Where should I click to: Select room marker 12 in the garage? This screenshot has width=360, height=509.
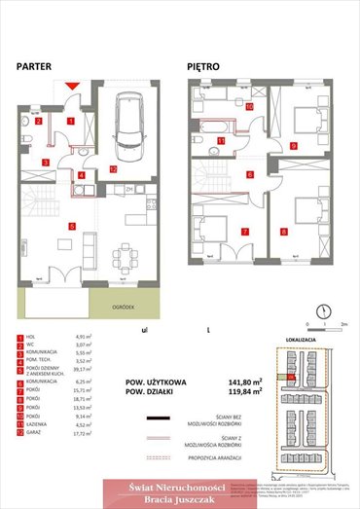pyautogui.click(x=114, y=168)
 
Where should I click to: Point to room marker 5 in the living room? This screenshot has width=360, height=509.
pyautogui.click(x=71, y=226)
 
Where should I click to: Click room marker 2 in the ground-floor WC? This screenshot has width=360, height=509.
pyautogui.click(x=40, y=123)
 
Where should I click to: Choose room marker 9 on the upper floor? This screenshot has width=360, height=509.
pyautogui.click(x=294, y=145)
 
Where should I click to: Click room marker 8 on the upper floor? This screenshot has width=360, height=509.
pyautogui.click(x=283, y=231)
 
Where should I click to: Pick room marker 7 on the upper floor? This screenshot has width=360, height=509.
pyautogui.click(x=244, y=232)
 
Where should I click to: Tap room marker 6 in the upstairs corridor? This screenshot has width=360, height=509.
pyautogui.click(x=249, y=175)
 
